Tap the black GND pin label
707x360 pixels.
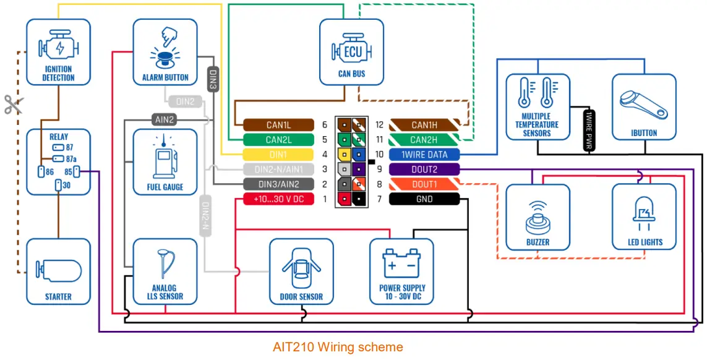click(x=424, y=199)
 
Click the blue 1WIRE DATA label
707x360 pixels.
click(x=424, y=154)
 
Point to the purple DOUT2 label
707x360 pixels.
click(x=424, y=169)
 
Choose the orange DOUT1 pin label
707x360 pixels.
click(x=424, y=184)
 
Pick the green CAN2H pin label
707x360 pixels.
click(x=424, y=140)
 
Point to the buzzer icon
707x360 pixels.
click(x=537, y=215)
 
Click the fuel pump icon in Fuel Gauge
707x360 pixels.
click(x=165, y=159)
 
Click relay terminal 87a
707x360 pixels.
click(x=59, y=158)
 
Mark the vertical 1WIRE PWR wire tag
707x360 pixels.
click(x=589, y=129)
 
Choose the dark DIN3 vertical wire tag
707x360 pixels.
click(x=212, y=79)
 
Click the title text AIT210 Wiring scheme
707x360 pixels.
click(x=338, y=347)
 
